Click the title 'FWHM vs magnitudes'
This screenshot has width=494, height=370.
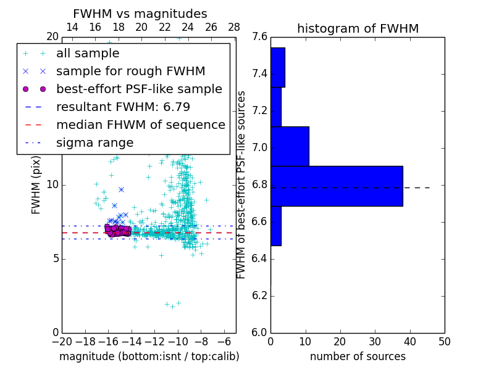click(140, 14)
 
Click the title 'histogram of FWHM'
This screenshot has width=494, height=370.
click(358, 28)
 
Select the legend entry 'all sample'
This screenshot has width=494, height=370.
click(88, 54)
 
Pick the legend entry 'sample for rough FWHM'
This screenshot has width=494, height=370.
click(130, 72)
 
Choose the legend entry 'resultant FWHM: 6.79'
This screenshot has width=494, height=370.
click(123, 107)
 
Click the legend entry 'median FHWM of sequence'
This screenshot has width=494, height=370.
click(140, 125)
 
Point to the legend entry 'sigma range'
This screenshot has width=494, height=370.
click(94, 143)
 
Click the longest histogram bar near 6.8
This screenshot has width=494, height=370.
click(337, 186)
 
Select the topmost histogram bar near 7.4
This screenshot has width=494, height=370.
click(277, 67)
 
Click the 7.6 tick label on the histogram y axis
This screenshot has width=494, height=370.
click(260, 37)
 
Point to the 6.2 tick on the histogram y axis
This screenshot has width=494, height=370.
click(260, 295)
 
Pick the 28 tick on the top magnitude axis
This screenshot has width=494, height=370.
click(234, 27)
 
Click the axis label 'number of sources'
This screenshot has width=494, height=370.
click(358, 356)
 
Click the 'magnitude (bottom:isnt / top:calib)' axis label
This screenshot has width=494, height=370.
click(149, 356)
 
